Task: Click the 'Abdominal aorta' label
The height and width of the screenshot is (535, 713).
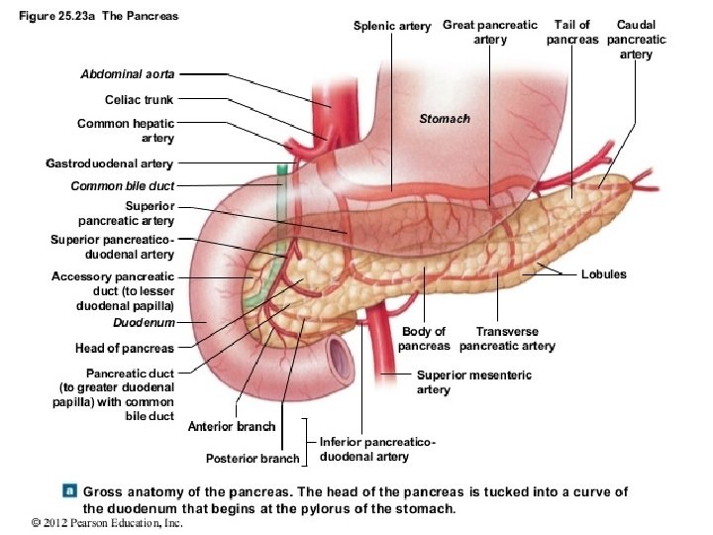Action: (x=127, y=74)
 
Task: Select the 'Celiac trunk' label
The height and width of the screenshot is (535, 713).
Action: (x=139, y=100)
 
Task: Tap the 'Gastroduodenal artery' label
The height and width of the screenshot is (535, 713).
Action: (x=109, y=162)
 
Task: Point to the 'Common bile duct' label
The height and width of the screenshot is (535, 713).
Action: (x=122, y=186)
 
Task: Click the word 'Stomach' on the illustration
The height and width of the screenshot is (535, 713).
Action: (x=445, y=118)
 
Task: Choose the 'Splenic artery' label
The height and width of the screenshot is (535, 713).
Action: (x=392, y=27)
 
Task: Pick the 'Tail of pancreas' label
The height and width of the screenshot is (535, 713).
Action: (x=573, y=33)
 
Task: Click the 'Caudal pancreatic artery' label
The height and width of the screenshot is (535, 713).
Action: (x=636, y=40)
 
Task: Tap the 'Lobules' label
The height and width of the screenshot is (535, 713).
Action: (x=604, y=274)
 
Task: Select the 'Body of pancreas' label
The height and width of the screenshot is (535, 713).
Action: (x=423, y=339)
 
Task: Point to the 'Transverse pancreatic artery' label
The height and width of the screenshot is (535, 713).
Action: (x=507, y=339)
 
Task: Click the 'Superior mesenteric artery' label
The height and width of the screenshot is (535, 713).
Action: (x=473, y=382)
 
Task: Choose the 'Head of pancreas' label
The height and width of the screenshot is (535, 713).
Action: (x=125, y=348)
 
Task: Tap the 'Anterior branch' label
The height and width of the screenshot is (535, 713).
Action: (x=232, y=427)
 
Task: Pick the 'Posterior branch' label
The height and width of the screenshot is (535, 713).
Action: (x=252, y=459)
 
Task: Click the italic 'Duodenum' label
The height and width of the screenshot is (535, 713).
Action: (x=144, y=323)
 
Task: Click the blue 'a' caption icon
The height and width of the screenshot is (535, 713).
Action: (x=70, y=490)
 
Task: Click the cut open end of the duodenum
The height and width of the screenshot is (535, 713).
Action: (x=340, y=354)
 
